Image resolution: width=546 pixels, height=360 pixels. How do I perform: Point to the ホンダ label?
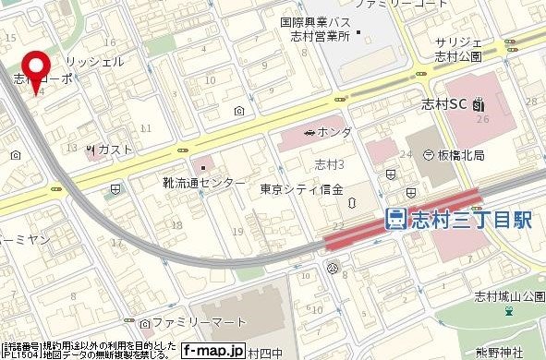(x=334, y=133)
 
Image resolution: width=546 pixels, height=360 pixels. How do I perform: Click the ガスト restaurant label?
(x=116, y=150)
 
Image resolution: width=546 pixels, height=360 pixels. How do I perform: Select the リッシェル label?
(x=103, y=60)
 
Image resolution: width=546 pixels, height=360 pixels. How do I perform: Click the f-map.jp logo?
(x=212, y=351)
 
